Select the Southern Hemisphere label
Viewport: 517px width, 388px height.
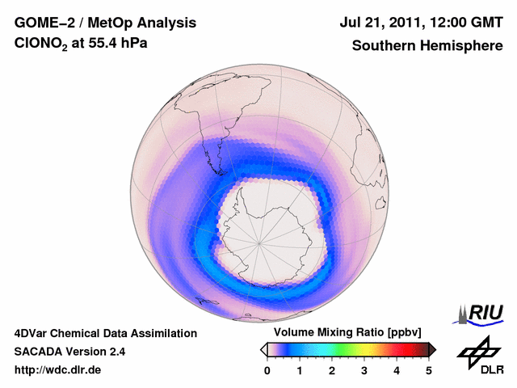click(x=427, y=46)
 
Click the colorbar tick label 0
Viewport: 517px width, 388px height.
click(x=267, y=370)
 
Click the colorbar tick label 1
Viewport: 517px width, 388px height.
click(x=300, y=370)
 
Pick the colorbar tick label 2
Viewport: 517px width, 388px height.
click(x=332, y=370)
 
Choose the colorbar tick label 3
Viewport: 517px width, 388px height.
click(x=364, y=370)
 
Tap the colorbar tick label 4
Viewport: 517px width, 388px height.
click(x=397, y=370)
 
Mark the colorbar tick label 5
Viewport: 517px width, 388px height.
click(x=429, y=370)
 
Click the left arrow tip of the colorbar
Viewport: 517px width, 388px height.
click(x=263, y=349)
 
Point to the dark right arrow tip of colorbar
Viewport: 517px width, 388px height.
click(x=433, y=349)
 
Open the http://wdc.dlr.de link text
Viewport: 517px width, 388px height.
click(x=58, y=371)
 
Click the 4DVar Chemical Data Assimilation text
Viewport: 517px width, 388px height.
click(x=105, y=333)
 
